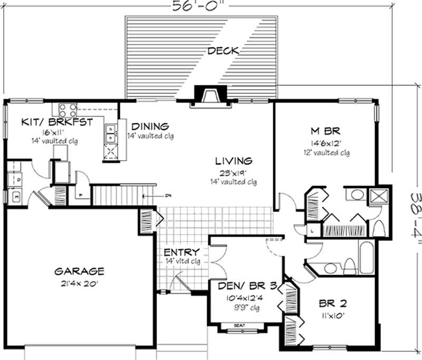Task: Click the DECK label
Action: pyautogui.click(x=223, y=51)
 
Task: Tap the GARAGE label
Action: pyautogui.click(x=80, y=272)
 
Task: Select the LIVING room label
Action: pyautogui.click(x=233, y=161)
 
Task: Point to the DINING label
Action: pyautogui.click(x=150, y=127)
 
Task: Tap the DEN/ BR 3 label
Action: pyautogui.click(x=243, y=287)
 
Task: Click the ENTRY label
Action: pyautogui.click(x=181, y=252)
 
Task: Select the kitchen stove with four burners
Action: pyautogui.click(x=68, y=110)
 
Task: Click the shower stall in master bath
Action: pyautogui.click(x=378, y=196)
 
